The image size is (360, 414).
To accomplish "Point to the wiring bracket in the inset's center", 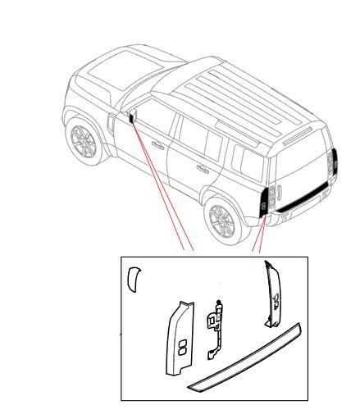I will [217, 324].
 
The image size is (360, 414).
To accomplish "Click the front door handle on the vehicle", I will [157, 147].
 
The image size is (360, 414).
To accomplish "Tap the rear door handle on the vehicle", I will [200, 170].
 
